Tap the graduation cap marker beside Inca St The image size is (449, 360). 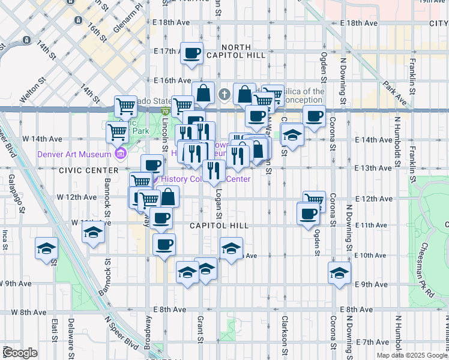[46, 249]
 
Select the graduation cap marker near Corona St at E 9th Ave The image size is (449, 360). [339, 272]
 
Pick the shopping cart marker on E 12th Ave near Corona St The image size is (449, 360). [314, 200]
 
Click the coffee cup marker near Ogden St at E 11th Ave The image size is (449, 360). [309, 214]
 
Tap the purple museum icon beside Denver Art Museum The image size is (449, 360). [120, 154]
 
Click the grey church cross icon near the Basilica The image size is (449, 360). [224, 94]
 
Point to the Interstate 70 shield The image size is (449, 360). [165, 111]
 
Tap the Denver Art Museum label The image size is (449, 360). [75, 154]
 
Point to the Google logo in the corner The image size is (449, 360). [20, 353]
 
